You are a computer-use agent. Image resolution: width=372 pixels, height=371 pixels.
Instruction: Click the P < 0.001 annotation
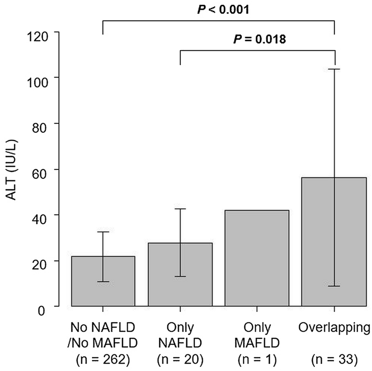tap(223, 9)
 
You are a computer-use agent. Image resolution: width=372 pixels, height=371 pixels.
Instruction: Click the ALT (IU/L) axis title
tap(13, 169)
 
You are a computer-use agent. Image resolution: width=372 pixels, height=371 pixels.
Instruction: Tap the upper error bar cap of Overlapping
tap(334, 69)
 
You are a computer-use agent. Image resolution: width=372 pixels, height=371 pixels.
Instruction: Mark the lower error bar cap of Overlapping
tap(334, 286)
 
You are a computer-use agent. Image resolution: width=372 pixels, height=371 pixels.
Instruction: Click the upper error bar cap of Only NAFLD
tap(180, 209)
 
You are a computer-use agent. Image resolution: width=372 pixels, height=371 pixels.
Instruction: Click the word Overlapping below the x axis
tap(334, 328)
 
